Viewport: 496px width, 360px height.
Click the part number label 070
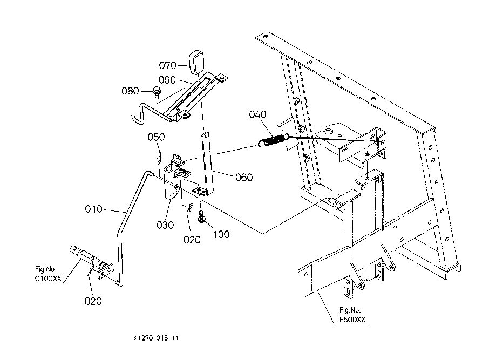[167, 65]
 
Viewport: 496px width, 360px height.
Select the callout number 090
[167, 80]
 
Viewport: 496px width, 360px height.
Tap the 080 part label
[130, 91]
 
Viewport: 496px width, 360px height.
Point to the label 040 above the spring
[257, 114]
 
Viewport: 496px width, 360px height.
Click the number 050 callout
[157, 137]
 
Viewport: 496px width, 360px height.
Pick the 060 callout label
[244, 177]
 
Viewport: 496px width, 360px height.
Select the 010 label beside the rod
[93, 209]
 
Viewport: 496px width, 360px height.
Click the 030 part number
[165, 225]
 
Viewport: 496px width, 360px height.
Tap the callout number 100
[221, 234]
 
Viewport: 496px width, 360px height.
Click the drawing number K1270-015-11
[157, 338]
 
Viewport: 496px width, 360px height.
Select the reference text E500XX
[352, 320]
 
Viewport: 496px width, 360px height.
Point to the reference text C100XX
[48, 279]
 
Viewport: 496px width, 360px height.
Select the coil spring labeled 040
[274, 140]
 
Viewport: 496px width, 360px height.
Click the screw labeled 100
[201, 216]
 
